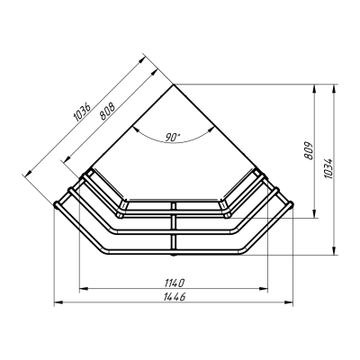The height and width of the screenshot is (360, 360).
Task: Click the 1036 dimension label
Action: (82, 112)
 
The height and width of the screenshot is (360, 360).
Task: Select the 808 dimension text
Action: (107, 112)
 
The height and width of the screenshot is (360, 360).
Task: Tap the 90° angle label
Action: (173, 137)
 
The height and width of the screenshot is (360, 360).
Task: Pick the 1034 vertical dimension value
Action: (328, 168)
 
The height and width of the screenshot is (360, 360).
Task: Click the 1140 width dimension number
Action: (174, 282)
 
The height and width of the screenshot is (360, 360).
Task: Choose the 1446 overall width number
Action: (175, 297)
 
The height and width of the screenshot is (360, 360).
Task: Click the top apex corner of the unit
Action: (174, 85)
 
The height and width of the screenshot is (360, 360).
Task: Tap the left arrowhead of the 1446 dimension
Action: (58, 302)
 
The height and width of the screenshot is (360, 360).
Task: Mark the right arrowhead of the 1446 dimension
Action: (289, 302)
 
